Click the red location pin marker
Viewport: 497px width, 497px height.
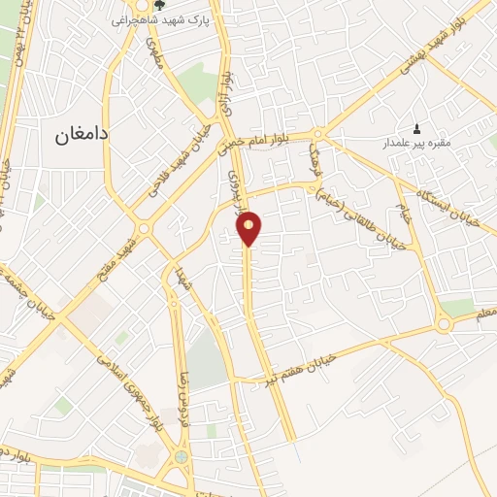(x=249, y=227)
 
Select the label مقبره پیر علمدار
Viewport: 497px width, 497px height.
(x=417, y=144)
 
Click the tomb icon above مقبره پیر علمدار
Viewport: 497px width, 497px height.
(x=417, y=128)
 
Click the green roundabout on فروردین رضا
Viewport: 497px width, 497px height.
(x=181, y=457)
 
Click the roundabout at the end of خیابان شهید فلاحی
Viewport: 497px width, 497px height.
(x=144, y=228)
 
